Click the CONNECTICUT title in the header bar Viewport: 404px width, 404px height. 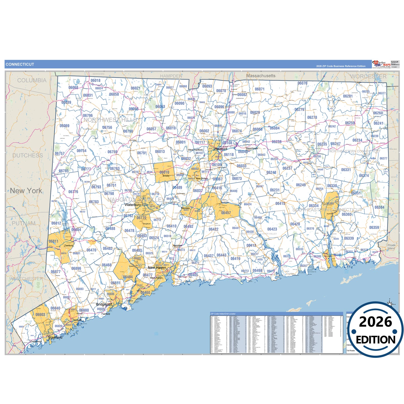[x=20, y=64]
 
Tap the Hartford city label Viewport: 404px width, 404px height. [x=221, y=149]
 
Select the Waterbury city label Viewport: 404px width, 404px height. [x=133, y=205]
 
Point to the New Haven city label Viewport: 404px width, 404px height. [x=157, y=268]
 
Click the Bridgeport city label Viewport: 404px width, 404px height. [x=104, y=304]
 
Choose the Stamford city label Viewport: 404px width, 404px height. [x=55, y=337]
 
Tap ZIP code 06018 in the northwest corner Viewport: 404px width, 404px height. [x=95, y=81]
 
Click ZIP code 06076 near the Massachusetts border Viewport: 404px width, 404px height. [x=302, y=83]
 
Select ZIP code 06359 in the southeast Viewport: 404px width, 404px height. [x=374, y=228]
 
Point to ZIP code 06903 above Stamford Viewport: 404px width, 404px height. [x=40, y=315]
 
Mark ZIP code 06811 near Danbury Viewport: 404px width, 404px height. [x=54, y=241]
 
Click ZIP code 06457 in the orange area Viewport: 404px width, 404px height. [x=226, y=213]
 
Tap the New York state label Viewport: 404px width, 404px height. [x=26, y=191]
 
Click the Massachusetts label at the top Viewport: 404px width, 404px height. [x=261, y=76]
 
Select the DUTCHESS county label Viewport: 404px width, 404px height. [x=28, y=155]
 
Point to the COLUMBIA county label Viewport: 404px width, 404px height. [x=32, y=80]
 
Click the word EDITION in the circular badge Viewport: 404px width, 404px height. [x=375, y=340]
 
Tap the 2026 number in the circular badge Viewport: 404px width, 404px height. [x=375, y=322]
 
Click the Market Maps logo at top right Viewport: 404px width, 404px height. [x=382, y=64]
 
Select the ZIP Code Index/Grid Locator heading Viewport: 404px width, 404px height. [x=223, y=314]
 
